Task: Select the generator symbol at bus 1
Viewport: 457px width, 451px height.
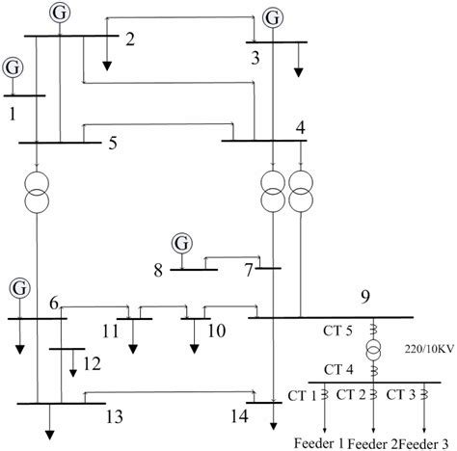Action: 13,67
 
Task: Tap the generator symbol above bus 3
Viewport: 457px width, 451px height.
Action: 275,16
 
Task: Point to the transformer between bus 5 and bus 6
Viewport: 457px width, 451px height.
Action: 36,194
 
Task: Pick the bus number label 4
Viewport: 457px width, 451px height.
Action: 301,126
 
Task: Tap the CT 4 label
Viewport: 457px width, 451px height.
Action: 339,368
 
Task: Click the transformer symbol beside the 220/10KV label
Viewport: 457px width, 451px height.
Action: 373,350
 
